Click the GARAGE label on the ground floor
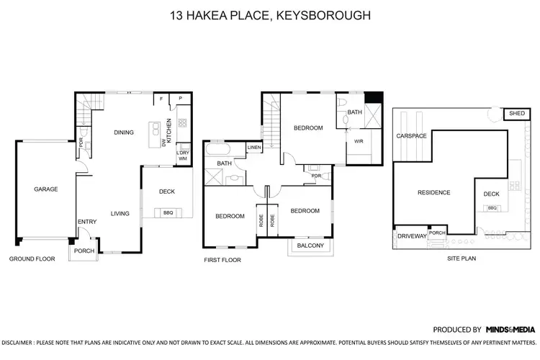pos(45,189)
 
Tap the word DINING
pos(125,132)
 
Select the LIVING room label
pos(120,213)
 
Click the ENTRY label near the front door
pos(86,222)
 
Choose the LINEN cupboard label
pos(253,148)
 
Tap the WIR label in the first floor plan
pos(358,141)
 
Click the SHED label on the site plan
pos(516,114)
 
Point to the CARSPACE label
pos(411,135)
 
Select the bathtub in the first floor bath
pos(217,151)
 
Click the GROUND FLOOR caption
pos(32,258)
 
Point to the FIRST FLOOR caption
pos(222,260)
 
